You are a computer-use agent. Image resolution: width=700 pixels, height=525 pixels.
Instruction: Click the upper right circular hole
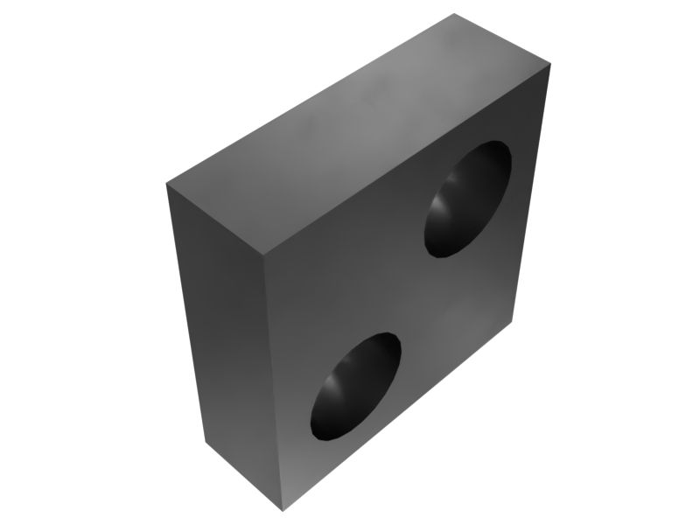pyautogui.click(x=468, y=199)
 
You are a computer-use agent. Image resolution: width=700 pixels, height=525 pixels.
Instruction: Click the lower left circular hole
pyautogui.click(x=355, y=386)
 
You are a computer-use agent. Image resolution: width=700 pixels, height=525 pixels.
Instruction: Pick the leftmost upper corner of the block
pyautogui.click(x=166, y=184)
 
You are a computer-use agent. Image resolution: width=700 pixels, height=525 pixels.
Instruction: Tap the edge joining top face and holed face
pyautogui.click(x=408, y=162)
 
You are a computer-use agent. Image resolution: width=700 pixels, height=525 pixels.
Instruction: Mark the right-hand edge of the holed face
pyautogui.click(x=533, y=192)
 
